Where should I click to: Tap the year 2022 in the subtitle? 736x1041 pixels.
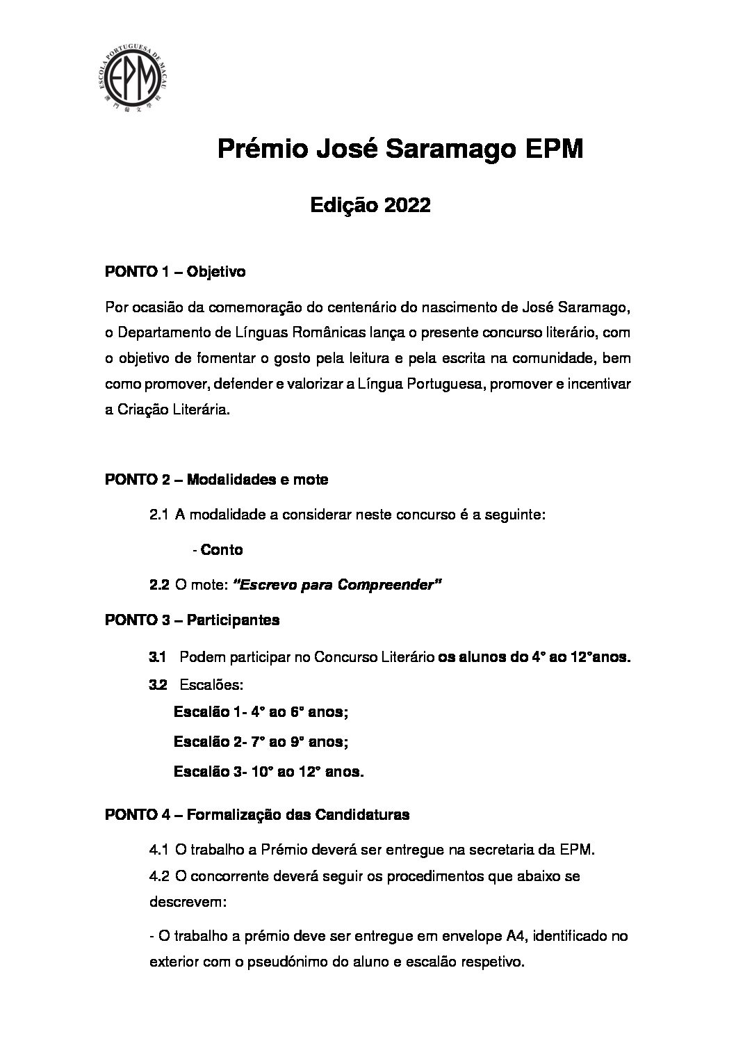click(x=406, y=205)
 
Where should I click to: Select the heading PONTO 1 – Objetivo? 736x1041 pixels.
click(x=174, y=272)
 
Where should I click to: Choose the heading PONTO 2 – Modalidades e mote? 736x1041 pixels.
click(x=216, y=480)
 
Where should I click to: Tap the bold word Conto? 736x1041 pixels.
click(x=222, y=550)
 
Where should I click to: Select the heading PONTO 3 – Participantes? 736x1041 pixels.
click(x=192, y=620)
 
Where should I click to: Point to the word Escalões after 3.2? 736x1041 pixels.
click(x=211, y=685)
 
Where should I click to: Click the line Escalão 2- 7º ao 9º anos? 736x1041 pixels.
click(x=261, y=742)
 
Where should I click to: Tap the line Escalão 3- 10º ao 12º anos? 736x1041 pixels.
click(x=268, y=772)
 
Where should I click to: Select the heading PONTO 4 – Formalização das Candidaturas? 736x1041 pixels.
click(x=256, y=814)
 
